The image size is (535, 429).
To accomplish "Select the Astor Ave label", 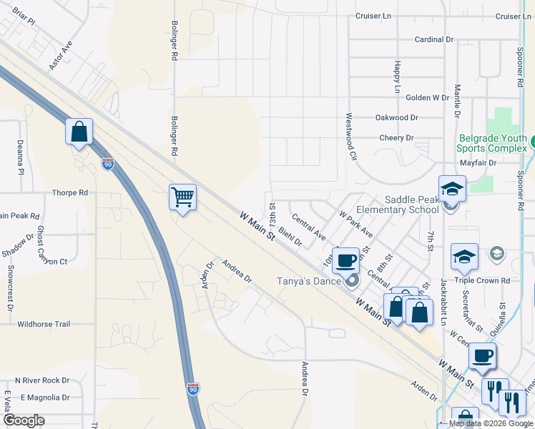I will tap(61, 55).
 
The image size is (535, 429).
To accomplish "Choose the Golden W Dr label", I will tap(428, 97).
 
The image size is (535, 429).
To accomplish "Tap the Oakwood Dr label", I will tap(396, 117).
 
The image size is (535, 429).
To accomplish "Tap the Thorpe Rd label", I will tap(70, 193).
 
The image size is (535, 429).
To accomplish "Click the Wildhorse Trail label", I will tap(44, 324).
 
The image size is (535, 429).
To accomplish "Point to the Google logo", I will tap(23, 420).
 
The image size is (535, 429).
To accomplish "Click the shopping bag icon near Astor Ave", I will tap(79, 132).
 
